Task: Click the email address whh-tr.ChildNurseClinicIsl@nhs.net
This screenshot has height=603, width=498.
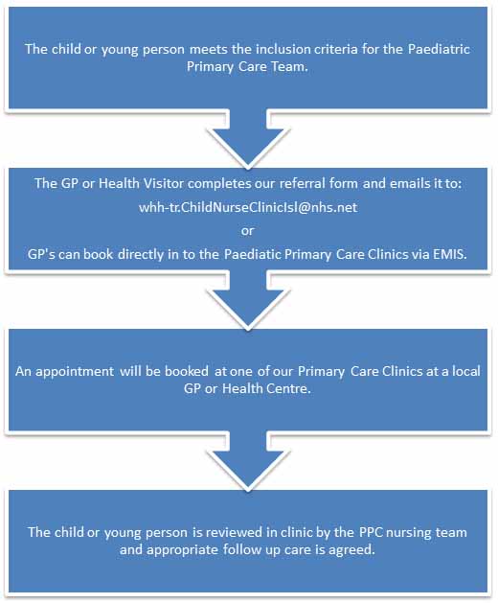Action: (248, 208)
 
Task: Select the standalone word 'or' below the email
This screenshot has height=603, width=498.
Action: (247, 231)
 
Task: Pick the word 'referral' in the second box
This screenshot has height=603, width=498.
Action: (300, 183)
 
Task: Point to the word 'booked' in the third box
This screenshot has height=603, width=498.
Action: (187, 371)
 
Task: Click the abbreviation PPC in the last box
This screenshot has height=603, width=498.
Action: (370, 532)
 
